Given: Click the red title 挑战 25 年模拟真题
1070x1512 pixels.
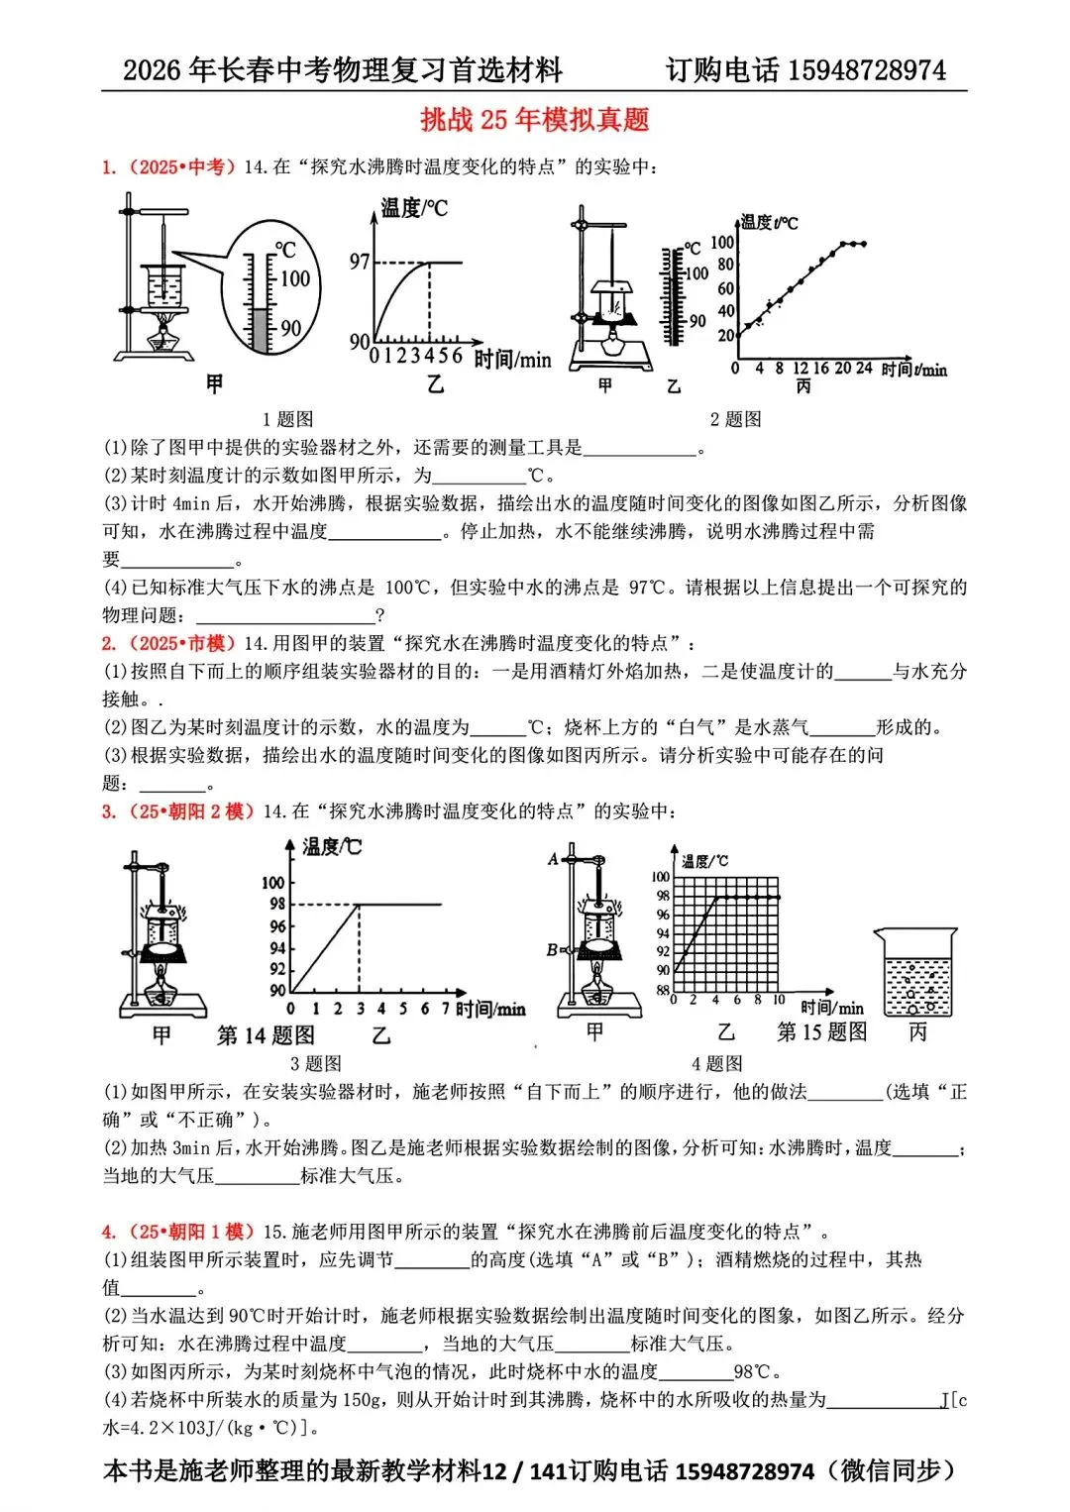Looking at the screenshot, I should tap(534, 120).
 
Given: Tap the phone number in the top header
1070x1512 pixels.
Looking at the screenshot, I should tap(867, 70).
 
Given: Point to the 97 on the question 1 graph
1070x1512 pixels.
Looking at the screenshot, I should tap(359, 262).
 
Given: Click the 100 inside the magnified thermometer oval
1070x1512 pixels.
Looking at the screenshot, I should tap(294, 278).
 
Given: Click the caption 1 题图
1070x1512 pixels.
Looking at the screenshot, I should tap(287, 419).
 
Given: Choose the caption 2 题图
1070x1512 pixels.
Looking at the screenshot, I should tap(735, 419).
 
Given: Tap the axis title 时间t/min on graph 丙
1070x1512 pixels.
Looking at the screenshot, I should tap(913, 370).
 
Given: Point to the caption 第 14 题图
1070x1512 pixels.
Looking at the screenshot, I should tap(266, 1035).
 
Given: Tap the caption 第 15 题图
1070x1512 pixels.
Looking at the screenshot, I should tap(821, 1031).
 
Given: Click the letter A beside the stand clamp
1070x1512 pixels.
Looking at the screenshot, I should tap(553, 859).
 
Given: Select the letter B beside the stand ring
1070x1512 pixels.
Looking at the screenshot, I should tap(552, 950).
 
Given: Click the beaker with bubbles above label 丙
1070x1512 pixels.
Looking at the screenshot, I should tap(915, 973).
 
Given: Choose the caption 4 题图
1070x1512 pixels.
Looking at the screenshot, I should tap(716, 1063).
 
